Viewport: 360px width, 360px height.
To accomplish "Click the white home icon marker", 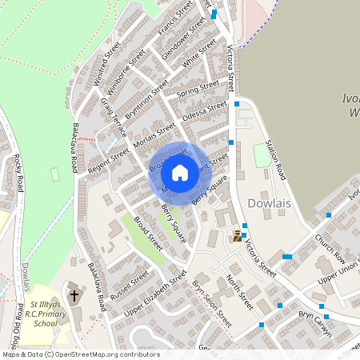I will pos(180,172).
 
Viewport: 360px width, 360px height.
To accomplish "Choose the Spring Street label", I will pos(198,89).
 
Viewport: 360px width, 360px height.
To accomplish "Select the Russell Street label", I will pos(130,282).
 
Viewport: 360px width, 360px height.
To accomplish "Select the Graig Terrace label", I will pos(113,117).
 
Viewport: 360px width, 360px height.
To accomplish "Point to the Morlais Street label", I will pos(154,134).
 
